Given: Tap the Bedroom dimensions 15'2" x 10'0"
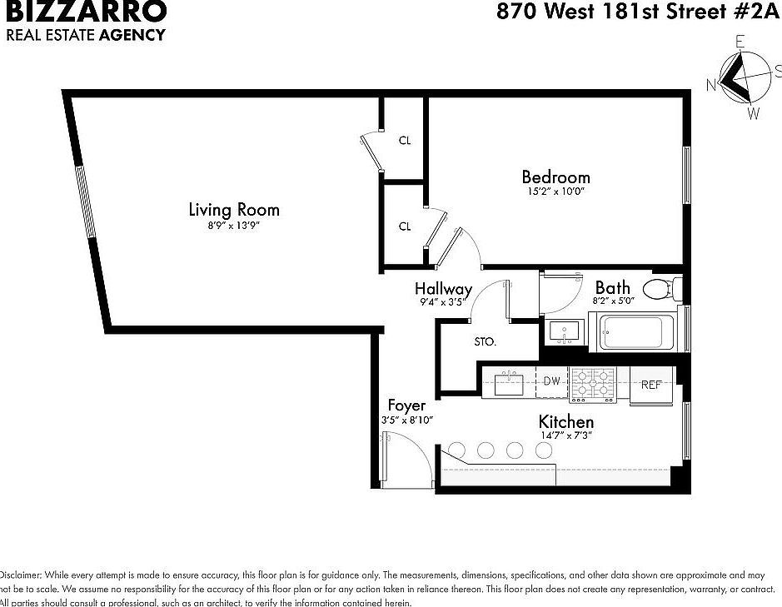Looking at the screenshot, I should (555, 191).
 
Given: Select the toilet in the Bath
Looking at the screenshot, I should (663, 290).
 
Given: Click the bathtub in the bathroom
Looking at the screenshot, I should (632, 332).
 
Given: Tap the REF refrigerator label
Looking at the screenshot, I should (650, 385).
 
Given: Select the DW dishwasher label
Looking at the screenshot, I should (551, 381).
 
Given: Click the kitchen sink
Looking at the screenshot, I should (509, 384).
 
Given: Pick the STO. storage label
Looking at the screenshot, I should (485, 341).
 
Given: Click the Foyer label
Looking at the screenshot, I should (406, 405).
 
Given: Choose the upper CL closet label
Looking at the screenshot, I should (405, 141).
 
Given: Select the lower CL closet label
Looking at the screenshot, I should (405, 226).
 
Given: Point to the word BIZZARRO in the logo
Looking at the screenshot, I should (86, 12).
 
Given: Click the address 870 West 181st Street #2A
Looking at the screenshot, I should (638, 12).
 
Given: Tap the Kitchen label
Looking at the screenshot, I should (565, 421).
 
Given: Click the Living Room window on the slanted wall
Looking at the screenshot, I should (86, 203).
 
